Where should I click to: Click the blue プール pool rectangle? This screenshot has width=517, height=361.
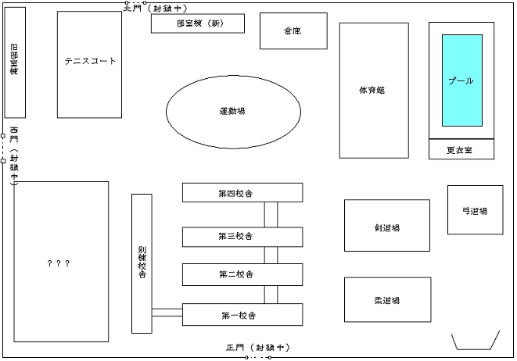462,80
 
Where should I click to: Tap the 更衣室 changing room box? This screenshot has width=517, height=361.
461,149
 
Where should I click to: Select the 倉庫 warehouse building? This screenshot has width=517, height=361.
293,31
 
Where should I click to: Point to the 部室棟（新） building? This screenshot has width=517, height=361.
198,23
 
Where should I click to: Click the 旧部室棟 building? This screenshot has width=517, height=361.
15,63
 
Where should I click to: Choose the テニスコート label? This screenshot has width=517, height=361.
90,61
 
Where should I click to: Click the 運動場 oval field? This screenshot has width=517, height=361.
233,112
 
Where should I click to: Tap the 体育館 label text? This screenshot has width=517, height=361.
372,90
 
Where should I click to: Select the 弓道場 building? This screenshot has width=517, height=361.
475,210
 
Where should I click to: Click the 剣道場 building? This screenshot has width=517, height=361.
387,225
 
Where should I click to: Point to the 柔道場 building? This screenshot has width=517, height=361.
388,299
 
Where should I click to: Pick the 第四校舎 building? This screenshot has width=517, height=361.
242,192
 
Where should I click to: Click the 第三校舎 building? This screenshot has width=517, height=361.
242,237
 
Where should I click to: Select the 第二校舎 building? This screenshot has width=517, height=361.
242,274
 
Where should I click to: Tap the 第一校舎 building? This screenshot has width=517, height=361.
242,315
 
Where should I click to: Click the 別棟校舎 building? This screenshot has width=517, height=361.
142,263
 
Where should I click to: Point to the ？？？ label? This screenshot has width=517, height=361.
59,263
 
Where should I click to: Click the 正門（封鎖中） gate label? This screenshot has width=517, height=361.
258,348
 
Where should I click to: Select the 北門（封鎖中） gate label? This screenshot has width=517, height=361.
156,8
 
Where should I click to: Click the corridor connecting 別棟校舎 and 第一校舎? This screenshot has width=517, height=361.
167,313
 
